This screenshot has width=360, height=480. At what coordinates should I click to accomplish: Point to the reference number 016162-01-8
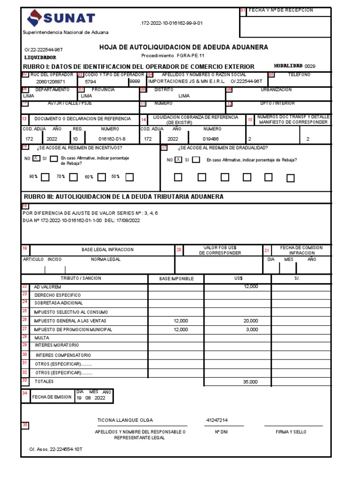tap(112, 139)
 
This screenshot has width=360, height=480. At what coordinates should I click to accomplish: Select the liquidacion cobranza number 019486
tap(211, 139)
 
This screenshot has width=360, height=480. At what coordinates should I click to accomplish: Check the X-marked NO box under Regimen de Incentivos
tap(36, 158)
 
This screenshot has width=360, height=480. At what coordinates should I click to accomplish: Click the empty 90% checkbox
tap(45, 177)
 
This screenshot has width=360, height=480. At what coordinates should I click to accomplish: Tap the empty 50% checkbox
tap(129, 177)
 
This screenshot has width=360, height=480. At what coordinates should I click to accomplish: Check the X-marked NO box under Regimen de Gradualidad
tap(179, 160)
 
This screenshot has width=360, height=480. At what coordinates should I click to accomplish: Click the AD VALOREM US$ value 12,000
tap(250, 286)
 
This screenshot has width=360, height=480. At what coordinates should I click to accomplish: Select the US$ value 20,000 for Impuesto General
tap(250, 321)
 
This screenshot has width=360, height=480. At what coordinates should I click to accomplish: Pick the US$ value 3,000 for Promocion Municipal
tap(252, 330)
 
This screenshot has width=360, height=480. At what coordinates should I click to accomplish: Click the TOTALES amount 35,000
tap(250, 382)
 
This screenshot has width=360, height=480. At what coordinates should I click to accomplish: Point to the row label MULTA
tap(42, 337)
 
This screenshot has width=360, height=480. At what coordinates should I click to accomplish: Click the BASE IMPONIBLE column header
tap(176, 278)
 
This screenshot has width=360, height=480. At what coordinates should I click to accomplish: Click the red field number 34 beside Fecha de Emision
tap(25, 393)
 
